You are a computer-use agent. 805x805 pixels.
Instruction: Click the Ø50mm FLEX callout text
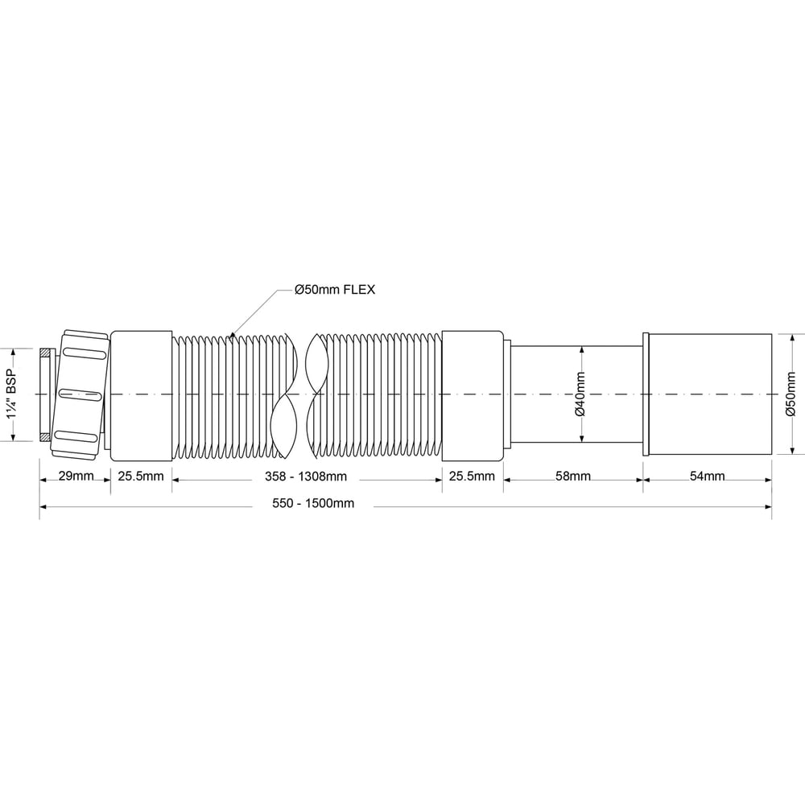point(335,290)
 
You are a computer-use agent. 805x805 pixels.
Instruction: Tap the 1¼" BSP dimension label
point(12,394)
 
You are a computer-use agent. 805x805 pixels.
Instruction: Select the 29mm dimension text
point(76,476)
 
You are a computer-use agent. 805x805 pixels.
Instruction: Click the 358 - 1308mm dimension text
point(306,477)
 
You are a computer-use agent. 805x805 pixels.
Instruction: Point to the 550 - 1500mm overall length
point(313,503)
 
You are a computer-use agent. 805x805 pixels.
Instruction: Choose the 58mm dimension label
point(573,476)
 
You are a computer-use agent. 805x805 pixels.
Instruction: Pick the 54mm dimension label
point(707,476)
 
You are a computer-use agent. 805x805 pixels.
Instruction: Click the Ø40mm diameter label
point(580,394)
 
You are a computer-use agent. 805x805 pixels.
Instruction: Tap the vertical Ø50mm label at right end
point(791,394)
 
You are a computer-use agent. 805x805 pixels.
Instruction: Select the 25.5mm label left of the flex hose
point(141,476)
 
